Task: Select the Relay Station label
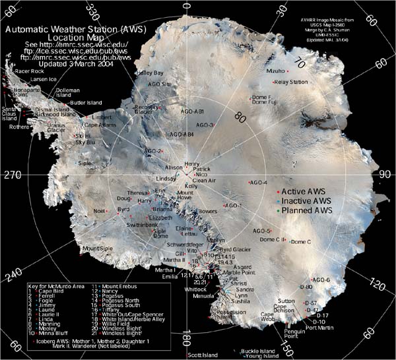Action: tap(290, 82)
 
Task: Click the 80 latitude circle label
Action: tap(240, 119)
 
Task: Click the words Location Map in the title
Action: tap(81, 39)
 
